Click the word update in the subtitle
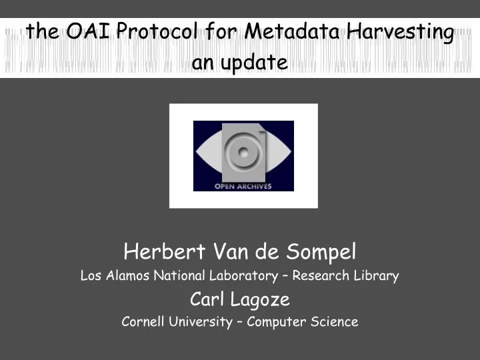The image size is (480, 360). pyautogui.click(x=255, y=63)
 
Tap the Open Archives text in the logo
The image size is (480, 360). pyautogui.click(x=243, y=186)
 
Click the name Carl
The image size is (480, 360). pyautogui.click(x=204, y=298)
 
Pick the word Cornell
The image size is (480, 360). pyautogui.click(x=143, y=321)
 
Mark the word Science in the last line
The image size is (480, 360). pyautogui.click(x=335, y=321)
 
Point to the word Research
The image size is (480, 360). pyautogui.click(x=323, y=275)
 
